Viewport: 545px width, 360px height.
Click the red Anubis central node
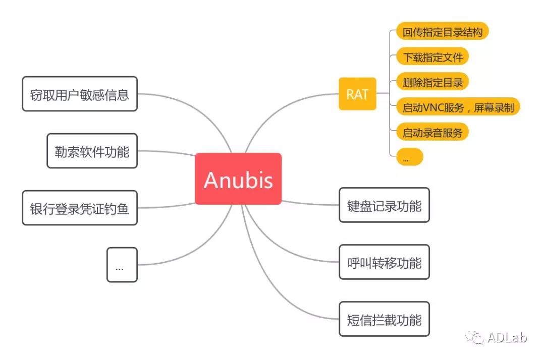238,179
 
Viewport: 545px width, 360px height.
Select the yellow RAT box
357,94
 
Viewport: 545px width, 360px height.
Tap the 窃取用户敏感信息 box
80,94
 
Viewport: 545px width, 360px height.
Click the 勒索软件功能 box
92,151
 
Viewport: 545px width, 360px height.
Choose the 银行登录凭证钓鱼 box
80,208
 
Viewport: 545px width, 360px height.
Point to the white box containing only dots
122,265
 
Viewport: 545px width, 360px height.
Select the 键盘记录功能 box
384,205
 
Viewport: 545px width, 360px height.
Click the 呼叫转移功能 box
384,262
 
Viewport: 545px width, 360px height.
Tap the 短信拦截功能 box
384,319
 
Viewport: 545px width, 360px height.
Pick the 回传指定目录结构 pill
443,33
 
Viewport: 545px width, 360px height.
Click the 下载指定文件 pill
432,57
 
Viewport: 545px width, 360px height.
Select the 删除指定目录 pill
432,81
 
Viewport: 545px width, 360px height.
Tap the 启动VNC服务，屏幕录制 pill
458,107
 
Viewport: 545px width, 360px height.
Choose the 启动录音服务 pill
432,133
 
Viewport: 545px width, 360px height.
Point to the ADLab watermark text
507,337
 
